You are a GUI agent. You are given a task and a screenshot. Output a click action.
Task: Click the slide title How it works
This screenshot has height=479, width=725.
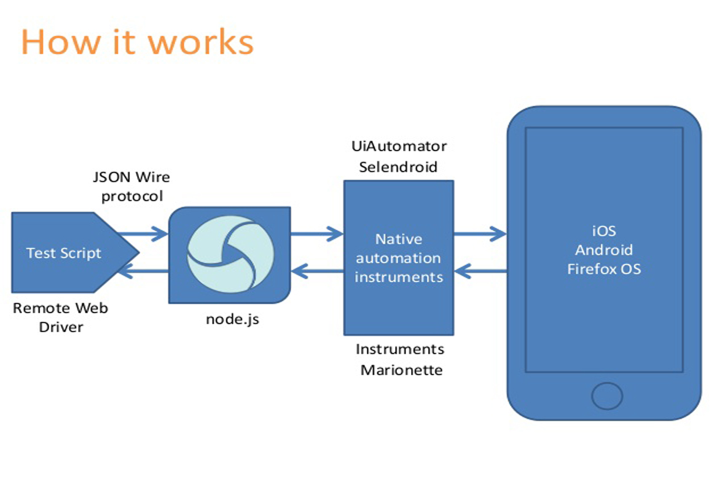point(137,42)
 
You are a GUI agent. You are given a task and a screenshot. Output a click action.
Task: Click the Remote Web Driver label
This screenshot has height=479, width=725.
point(60,317)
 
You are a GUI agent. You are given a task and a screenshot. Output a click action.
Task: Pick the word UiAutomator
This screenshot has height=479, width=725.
point(399,146)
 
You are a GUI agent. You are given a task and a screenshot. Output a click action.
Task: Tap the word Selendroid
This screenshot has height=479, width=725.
point(399,166)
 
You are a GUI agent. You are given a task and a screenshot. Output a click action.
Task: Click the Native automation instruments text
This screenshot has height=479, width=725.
point(399,258)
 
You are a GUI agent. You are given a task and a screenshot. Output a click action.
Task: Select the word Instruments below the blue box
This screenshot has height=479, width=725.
point(400,349)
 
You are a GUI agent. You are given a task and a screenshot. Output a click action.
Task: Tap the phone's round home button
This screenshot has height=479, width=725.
point(604,396)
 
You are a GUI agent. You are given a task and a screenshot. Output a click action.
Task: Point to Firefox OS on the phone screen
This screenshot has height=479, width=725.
point(604,269)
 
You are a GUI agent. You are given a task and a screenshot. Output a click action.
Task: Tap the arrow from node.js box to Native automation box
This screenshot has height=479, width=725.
point(317,233)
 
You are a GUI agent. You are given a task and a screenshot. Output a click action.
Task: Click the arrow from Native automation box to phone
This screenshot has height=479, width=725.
point(480,233)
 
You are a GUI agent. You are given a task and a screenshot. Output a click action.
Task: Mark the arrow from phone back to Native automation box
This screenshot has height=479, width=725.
point(480,271)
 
